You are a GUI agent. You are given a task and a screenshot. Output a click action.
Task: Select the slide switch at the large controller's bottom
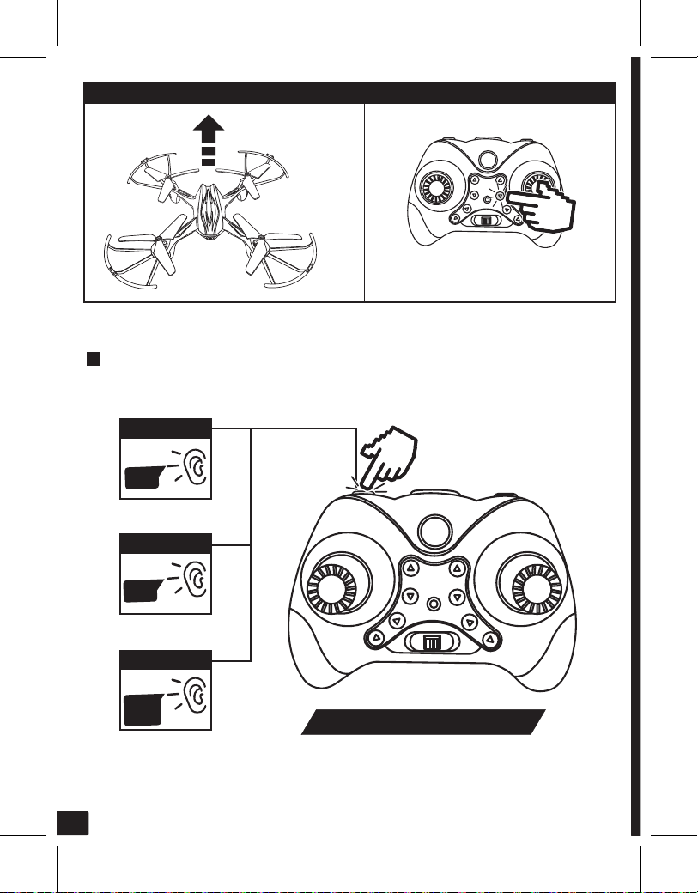click(x=430, y=643)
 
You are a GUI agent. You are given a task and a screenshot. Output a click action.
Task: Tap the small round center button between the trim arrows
click(x=434, y=603)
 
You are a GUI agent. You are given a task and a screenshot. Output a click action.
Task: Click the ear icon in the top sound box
click(x=197, y=466)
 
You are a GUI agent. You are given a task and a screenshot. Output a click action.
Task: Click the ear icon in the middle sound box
click(x=197, y=580)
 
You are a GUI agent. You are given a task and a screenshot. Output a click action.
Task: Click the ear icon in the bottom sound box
click(x=197, y=698)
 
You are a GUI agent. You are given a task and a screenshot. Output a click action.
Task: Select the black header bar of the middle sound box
click(x=166, y=543)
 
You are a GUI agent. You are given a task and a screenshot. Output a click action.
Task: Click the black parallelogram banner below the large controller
click(x=423, y=722)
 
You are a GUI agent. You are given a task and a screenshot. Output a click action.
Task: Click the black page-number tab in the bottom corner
click(x=75, y=821)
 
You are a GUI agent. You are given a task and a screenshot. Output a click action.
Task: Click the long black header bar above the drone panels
click(x=349, y=93)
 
